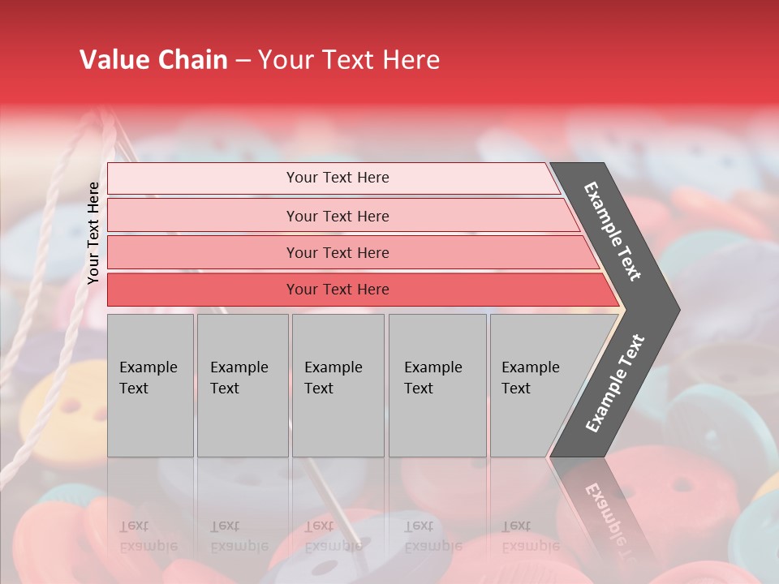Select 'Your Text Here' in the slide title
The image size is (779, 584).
click(x=349, y=60)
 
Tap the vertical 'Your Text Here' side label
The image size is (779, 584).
click(x=93, y=233)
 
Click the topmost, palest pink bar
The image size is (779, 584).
click(x=337, y=178)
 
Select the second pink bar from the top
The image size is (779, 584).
click(x=337, y=216)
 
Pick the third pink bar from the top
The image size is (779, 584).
click(x=337, y=252)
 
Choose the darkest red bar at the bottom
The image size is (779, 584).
click(x=337, y=290)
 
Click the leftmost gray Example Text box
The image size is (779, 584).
click(x=150, y=384)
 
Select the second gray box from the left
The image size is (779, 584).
click(x=242, y=384)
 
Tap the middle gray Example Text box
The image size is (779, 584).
click(x=337, y=384)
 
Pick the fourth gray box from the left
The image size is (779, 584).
click(x=437, y=384)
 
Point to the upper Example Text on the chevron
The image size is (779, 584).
click(x=613, y=231)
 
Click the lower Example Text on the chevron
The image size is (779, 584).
click(x=614, y=384)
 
